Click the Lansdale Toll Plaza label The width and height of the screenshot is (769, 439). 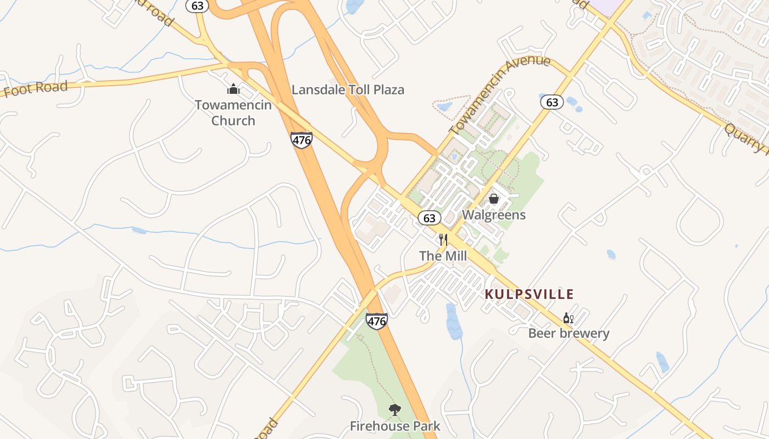(348, 90)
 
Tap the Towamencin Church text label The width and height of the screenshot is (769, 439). (233, 112)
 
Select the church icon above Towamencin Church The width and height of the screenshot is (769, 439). (233, 89)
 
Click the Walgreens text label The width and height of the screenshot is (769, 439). (494, 215)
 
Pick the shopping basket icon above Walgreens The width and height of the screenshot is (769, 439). (494, 199)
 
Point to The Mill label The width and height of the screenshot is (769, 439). (443, 256)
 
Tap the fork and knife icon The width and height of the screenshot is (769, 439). (443, 240)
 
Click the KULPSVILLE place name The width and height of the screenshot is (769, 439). (530, 294)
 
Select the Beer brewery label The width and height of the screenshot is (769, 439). (569, 333)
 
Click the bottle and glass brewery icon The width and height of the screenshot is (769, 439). (569, 318)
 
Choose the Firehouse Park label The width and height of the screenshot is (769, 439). (395, 426)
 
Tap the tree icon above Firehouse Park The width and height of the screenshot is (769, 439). (394, 409)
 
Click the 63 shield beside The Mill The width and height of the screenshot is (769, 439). (430, 218)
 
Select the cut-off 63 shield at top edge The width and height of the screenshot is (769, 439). (196, 5)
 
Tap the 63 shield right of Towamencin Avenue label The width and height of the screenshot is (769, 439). (552, 102)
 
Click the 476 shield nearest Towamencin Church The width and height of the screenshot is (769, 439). (302, 140)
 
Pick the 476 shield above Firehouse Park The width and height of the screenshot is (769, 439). (376, 321)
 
